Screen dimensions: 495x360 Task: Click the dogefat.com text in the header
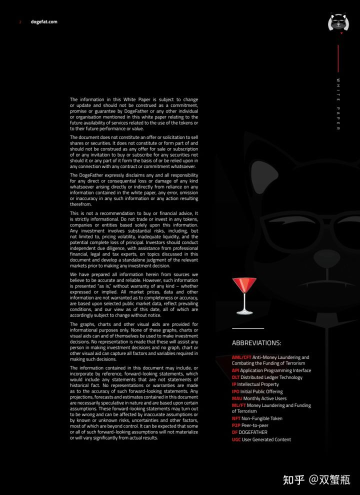[x=44, y=22]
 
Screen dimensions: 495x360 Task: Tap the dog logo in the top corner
[x=338, y=23]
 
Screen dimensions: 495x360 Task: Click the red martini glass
[x=244, y=295]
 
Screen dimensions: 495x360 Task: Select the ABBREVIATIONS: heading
[x=256, y=343]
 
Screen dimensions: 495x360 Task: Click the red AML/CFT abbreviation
[x=241, y=357]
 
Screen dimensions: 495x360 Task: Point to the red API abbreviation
[x=235, y=370]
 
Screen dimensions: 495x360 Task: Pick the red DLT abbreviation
[x=235, y=377]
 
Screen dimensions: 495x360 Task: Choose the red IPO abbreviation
[x=236, y=391]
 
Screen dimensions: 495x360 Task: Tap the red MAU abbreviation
[x=237, y=398]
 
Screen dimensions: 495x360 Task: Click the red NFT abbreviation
[x=236, y=418]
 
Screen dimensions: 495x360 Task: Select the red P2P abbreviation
[x=236, y=425]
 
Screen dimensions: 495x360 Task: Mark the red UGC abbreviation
[x=236, y=439]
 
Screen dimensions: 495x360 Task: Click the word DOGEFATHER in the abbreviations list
[x=253, y=432]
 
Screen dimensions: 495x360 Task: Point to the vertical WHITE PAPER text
[x=338, y=104]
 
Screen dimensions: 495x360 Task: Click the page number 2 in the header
[x=20, y=22]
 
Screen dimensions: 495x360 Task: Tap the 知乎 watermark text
[x=293, y=480]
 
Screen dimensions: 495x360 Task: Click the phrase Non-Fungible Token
[x=262, y=418]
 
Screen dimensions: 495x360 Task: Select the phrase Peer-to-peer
[x=255, y=425]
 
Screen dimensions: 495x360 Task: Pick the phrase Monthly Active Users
[x=265, y=398]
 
